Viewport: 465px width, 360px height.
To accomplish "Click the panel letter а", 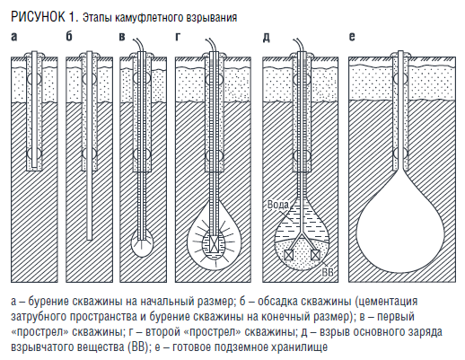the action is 14,37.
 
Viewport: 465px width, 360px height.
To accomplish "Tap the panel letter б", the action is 69,36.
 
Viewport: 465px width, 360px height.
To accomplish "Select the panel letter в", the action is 122,37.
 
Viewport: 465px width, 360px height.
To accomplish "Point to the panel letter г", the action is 178,37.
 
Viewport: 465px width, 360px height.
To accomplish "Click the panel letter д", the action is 267,38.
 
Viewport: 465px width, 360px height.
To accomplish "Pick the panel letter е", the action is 352,37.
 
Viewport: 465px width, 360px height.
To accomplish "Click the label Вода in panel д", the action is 278,205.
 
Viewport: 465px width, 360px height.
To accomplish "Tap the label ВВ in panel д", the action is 327,272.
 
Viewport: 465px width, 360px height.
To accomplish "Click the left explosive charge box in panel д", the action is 288,255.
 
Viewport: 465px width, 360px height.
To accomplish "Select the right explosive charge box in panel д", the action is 315,255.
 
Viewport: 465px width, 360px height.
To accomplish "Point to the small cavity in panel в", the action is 142,243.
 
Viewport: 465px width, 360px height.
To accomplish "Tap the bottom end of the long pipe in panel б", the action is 89,239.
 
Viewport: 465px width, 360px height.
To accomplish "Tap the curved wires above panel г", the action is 211,45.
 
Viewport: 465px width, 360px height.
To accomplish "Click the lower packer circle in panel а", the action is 33,154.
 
